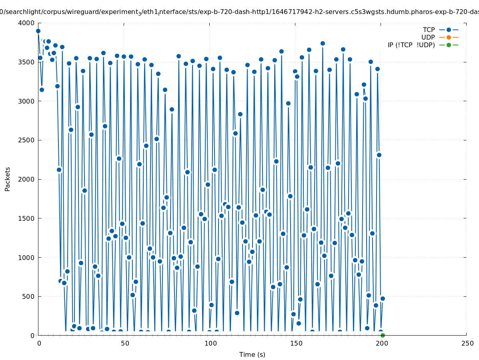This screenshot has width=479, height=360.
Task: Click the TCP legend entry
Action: (x=429, y=30)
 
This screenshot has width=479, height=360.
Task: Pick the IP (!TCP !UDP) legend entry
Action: (x=411, y=45)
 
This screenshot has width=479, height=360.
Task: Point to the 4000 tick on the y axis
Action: (x=26, y=23)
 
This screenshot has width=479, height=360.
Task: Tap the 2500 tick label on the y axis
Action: (x=26, y=140)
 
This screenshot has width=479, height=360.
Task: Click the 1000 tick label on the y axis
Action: (x=26, y=258)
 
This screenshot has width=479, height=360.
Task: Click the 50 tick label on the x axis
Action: (x=124, y=344)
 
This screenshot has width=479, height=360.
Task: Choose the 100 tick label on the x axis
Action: (x=210, y=344)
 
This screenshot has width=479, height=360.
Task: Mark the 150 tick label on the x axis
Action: (x=295, y=344)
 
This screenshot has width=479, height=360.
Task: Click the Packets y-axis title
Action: (x=8, y=179)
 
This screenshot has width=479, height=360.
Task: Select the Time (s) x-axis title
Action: (x=252, y=355)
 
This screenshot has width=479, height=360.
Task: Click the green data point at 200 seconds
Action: (x=383, y=335)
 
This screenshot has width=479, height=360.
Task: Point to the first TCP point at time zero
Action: (x=38, y=31)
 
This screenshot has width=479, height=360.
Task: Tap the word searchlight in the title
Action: (x=22, y=12)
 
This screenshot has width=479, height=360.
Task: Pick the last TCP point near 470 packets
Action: (x=383, y=298)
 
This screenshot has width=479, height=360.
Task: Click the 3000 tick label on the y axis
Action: (x=26, y=101)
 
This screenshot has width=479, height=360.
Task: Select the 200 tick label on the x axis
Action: (x=381, y=344)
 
